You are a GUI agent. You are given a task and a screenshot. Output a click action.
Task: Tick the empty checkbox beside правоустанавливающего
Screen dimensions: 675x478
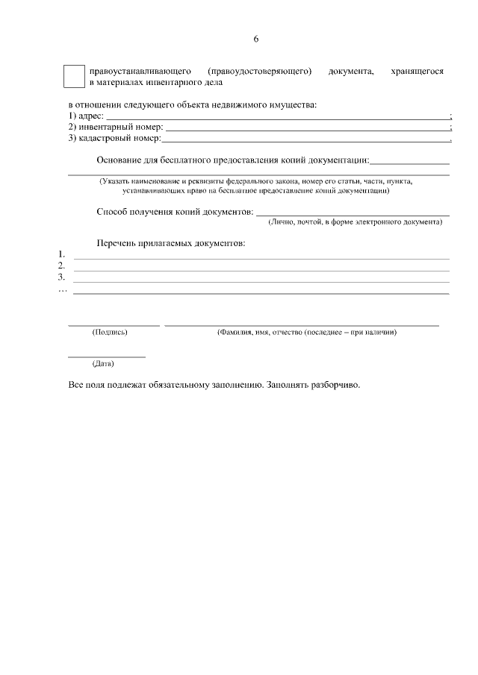(x=74, y=77)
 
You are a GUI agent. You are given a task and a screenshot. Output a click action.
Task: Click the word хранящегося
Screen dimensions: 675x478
(x=417, y=72)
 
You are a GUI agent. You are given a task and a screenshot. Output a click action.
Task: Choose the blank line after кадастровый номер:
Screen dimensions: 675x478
(x=305, y=139)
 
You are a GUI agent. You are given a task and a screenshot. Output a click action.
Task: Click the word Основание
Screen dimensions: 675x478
(x=119, y=160)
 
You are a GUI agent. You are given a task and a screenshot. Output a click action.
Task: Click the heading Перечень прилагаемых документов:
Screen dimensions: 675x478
(x=171, y=243)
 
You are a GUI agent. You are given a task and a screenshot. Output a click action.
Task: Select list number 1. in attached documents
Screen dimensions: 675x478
(x=61, y=254)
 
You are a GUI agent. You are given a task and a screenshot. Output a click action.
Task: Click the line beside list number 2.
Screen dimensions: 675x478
(x=261, y=270)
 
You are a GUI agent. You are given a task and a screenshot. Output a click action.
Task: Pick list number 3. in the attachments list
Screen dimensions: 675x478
(x=61, y=277)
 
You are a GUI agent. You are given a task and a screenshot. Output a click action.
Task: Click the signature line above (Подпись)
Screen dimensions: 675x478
(x=114, y=325)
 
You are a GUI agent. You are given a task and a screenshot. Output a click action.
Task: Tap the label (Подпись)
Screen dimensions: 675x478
(x=109, y=333)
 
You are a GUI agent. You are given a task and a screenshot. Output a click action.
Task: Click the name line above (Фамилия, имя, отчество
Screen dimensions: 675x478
(x=302, y=325)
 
